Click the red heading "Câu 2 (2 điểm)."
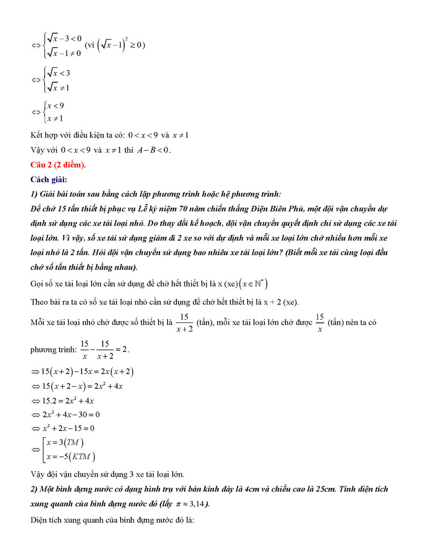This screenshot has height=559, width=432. click(58, 165)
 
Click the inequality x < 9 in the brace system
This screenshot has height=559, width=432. click(55, 106)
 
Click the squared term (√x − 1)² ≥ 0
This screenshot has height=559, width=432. click(121, 45)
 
